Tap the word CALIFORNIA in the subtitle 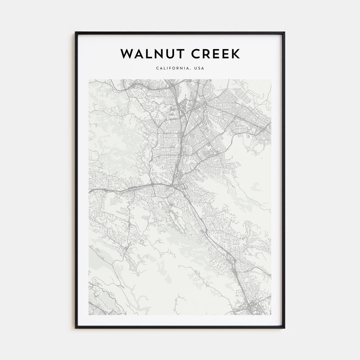172,68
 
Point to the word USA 199,68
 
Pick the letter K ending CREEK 236,54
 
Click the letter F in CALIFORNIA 170,68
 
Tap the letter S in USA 199,68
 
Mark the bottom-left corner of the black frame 76,328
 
